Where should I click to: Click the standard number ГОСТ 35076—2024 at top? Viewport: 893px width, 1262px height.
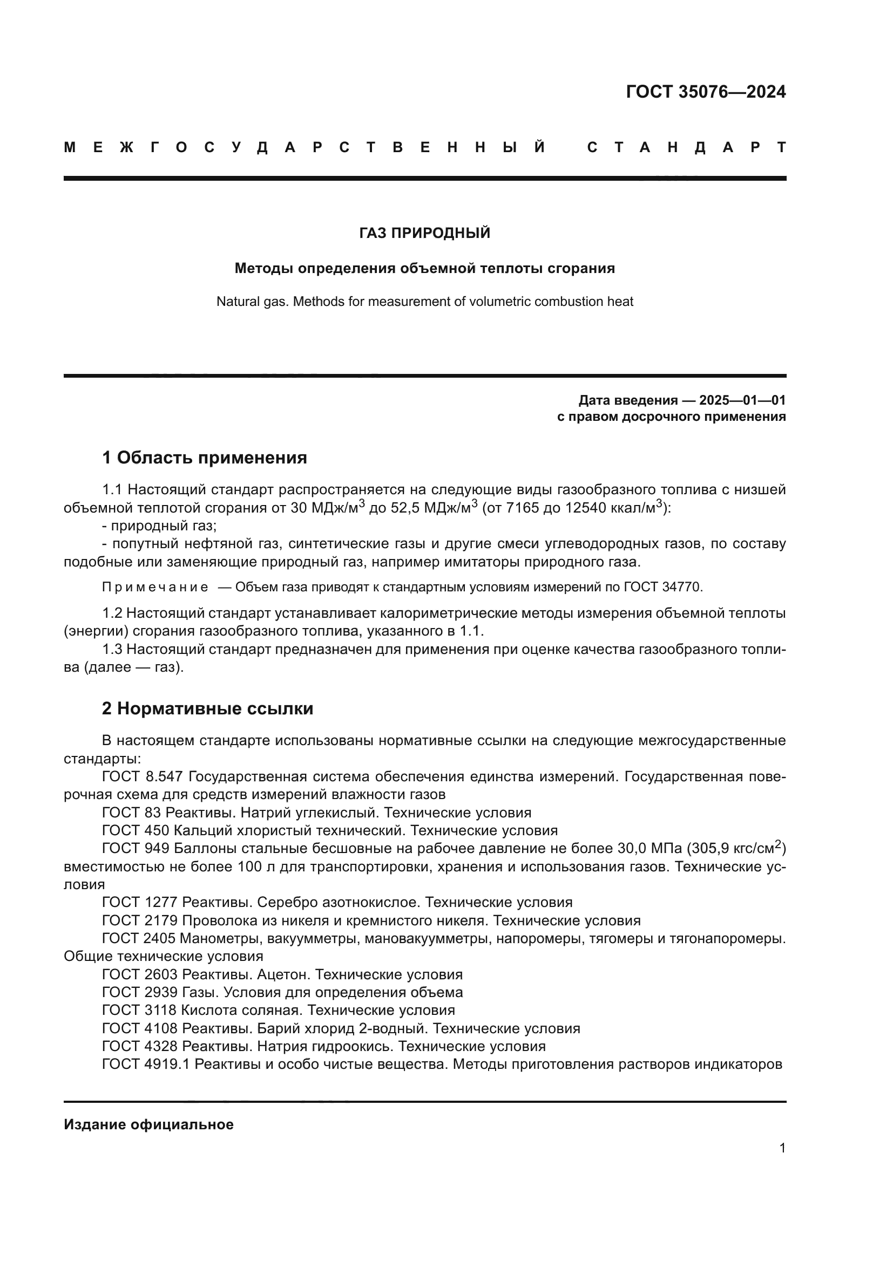point(706,92)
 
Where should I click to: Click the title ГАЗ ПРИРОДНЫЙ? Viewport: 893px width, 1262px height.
point(424,234)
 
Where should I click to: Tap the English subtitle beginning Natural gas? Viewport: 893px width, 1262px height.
point(424,302)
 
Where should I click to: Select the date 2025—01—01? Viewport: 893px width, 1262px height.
point(742,400)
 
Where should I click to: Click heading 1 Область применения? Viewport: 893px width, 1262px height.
point(205,458)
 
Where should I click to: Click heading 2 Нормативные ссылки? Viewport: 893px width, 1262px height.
point(207,708)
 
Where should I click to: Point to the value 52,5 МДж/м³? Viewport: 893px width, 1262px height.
point(434,507)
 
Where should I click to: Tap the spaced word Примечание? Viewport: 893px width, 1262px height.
point(155,587)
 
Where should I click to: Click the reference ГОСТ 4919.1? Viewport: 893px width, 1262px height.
point(146,1064)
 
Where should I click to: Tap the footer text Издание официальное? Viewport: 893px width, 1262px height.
point(148,1124)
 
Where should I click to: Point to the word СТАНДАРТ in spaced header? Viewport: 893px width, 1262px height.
point(686,147)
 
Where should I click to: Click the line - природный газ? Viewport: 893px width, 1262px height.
point(159,526)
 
